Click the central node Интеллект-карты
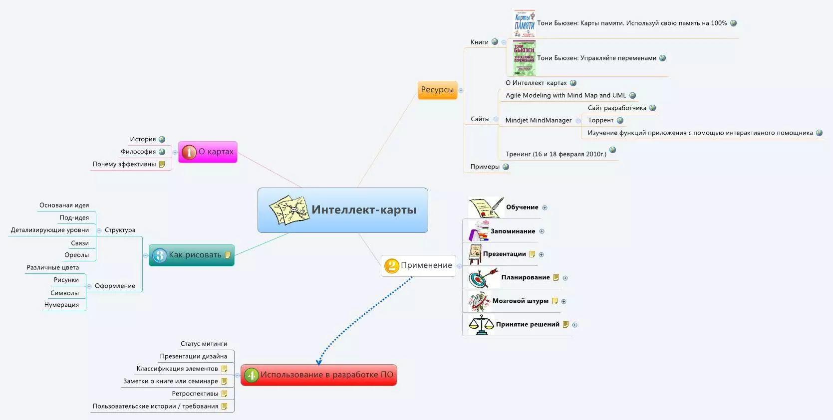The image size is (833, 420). pyautogui.click(x=343, y=210)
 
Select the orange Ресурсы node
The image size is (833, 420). pyautogui.click(x=437, y=90)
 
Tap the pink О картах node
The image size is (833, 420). pyautogui.click(x=208, y=152)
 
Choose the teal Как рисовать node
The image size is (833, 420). pyautogui.click(x=192, y=255)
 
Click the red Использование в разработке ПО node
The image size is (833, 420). pyautogui.click(x=319, y=375)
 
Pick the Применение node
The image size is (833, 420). pyautogui.click(x=419, y=265)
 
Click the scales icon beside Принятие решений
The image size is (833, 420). pyautogui.click(x=481, y=325)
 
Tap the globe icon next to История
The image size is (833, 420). pyautogui.click(x=162, y=139)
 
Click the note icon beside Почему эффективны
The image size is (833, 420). pyautogui.click(x=162, y=164)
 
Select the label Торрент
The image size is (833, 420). pyautogui.click(x=600, y=120)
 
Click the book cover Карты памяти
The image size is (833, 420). pyautogui.click(x=524, y=23)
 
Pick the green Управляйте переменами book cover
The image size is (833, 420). pyautogui.click(x=524, y=58)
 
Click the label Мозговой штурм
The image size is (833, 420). pyautogui.click(x=520, y=301)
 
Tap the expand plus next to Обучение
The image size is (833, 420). pyautogui.click(x=545, y=208)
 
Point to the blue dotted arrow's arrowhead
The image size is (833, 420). pyautogui.click(x=318, y=363)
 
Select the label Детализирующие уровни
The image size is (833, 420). pyautogui.click(x=50, y=230)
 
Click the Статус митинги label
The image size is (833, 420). pyautogui.click(x=204, y=344)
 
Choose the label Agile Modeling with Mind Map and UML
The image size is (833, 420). pyautogui.click(x=565, y=95)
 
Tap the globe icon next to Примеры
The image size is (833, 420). pyautogui.click(x=506, y=167)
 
